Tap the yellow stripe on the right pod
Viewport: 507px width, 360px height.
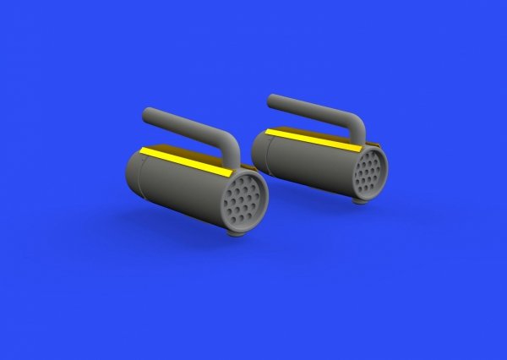pos(313,137)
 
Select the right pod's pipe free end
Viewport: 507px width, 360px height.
pos(272,101)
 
